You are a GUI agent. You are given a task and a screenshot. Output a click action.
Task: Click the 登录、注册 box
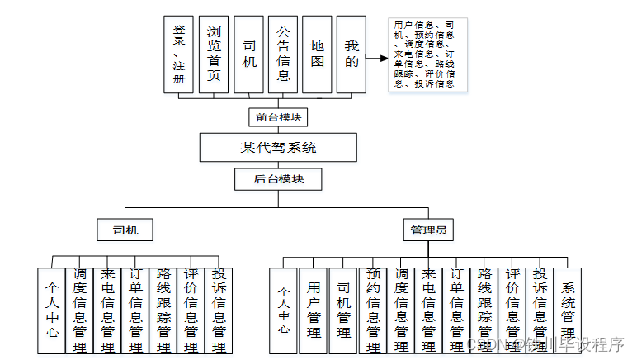pyautogui.click(x=179, y=54)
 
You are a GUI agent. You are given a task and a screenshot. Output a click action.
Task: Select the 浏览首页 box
pyautogui.click(x=214, y=54)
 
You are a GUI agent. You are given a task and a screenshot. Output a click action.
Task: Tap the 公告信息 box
pyautogui.click(x=283, y=54)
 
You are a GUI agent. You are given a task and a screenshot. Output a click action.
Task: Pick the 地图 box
pyautogui.click(x=318, y=54)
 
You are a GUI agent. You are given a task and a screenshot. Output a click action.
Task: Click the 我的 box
pyautogui.click(x=352, y=54)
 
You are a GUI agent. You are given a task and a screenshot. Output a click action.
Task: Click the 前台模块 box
pyautogui.click(x=278, y=117)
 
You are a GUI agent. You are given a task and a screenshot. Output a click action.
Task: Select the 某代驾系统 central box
pyautogui.click(x=278, y=149)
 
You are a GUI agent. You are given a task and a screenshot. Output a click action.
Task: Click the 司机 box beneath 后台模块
pyautogui.click(x=124, y=230)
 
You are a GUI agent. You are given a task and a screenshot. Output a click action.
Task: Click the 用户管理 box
pyautogui.click(x=313, y=310)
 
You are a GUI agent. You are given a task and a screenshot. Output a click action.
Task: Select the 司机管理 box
pyautogui.click(x=342, y=310)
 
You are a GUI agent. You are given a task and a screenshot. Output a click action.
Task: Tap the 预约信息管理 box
pyautogui.click(x=372, y=310)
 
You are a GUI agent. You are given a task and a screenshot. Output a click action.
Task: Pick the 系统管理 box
pyautogui.click(x=568, y=310)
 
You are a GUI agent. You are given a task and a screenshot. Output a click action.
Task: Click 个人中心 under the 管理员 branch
pyautogui.click(x=283, y=310)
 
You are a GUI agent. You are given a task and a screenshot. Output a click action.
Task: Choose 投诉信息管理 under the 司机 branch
pyautogui.click(x=219, y=310)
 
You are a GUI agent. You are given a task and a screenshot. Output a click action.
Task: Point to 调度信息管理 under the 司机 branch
pyautogui.click(x=79, y=310)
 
